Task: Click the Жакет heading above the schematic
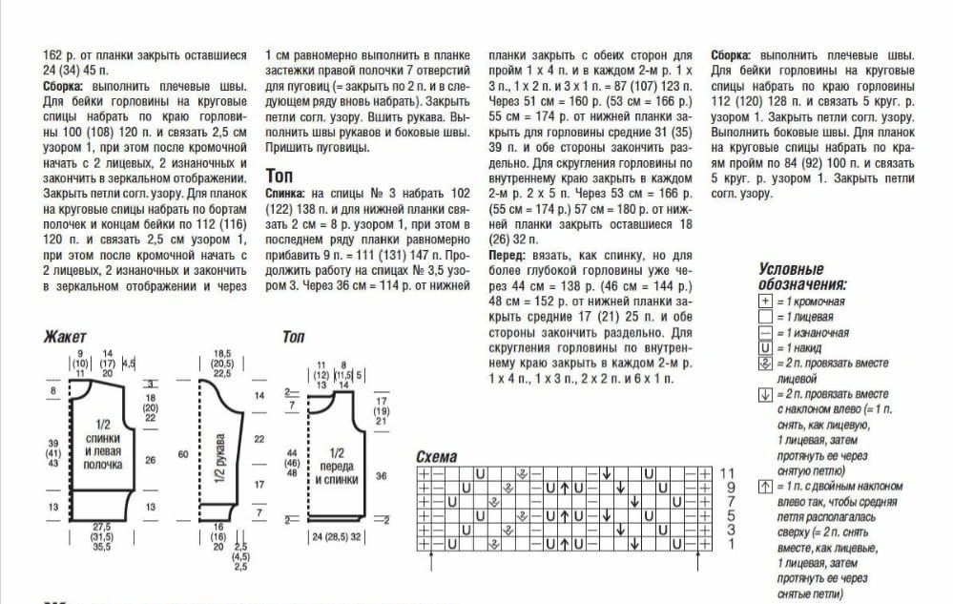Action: (x=65, y=337)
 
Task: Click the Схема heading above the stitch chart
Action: (x=437, y=457)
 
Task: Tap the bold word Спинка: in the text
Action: (x=284, y=193)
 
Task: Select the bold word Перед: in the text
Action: (x=507, y=256)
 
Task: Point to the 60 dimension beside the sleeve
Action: (x=182, y=454)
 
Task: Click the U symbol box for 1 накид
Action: (x=764, y=348)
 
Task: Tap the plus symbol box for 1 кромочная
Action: (x=764, y=302)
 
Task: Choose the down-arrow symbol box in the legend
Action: (x=764, y=394)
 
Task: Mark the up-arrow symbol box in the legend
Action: (x=764, y=487)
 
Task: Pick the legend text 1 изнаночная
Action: (x=812, y=333)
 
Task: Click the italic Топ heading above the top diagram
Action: (x=293, y=337)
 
